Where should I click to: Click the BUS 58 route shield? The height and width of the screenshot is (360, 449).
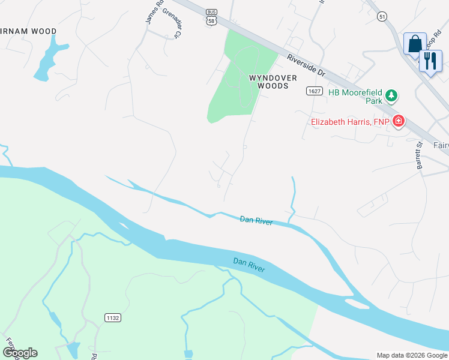click(x=211, y=17)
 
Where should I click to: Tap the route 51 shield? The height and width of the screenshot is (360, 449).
click(x=382, y=17)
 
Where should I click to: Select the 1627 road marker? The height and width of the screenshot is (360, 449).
click(x=313, y=91)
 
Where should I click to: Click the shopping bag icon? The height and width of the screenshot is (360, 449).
click(x=415, y=44)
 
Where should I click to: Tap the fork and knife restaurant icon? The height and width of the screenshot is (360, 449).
click(x=430, y=61)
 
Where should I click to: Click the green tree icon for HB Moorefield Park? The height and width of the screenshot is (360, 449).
click(x=391, y=95)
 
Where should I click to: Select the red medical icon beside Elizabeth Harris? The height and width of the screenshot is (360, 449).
click(x=398, y=122)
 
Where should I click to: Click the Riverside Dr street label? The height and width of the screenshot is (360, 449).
click(x=306, y=66)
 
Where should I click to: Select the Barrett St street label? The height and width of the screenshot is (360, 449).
click(x=419, y=155)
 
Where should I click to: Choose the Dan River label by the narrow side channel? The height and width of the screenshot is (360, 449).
click(x=256, y=221)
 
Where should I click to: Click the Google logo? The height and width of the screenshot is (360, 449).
click(x=20, y=353)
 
